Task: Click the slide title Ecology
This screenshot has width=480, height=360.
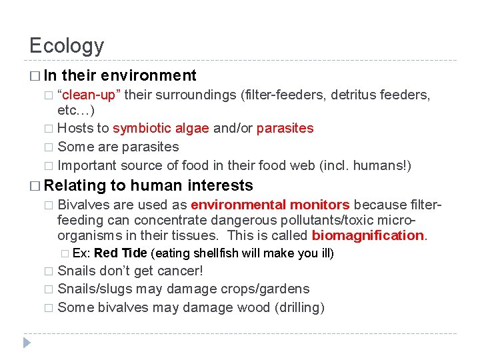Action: pyautogui.click(x=67, y=45)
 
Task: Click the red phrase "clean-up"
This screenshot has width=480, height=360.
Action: pyautogui.click(x=89, y=95)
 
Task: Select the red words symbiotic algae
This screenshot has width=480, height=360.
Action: pyautogui.click(x=161, y=128)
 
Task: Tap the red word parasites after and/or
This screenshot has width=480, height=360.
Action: pyautogui.click(x=285, y=128)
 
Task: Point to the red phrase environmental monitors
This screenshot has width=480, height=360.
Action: pyautogui.click(x=270, y=205)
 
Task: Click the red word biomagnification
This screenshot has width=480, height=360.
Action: pyautogui.click(x=368, y=235)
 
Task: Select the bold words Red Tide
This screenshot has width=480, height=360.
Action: pyautogui.click(x=121, y=253)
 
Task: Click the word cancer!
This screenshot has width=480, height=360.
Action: pyautogui.click(x=181, y=271)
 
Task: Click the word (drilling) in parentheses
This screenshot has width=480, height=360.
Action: pyautogui.click(x=295, y=307)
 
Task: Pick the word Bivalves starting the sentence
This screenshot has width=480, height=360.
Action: pyautogui.click(x=83, y=205)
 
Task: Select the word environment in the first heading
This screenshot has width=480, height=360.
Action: pyautogui.click(x=149, y=75)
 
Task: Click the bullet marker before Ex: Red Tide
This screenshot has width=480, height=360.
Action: pyautogui.click(x=64, y=254)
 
